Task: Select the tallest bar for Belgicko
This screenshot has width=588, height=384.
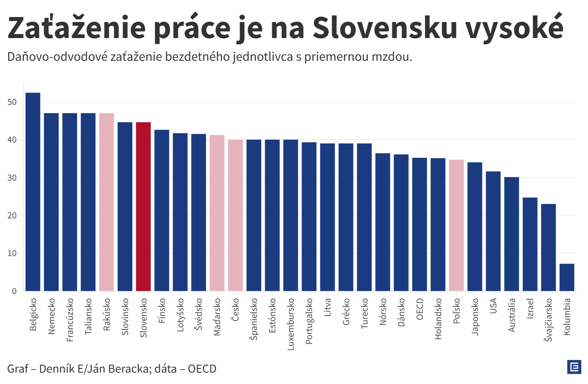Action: click(33, 192)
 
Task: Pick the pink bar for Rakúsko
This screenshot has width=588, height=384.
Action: click(106, 202)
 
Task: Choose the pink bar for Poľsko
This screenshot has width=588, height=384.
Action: click(456, 225)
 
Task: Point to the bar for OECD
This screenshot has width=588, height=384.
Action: click(419, 224)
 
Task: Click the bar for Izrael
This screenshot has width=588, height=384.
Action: click(530, 244)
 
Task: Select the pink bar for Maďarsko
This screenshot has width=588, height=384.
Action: click(217, 213)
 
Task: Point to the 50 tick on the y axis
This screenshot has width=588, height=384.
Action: click(12, 102)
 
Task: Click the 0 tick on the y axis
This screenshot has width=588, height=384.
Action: click(14, 291)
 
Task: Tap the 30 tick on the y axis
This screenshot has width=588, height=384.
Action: click(12, 178)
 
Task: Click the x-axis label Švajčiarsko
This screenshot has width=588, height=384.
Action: click(548, 320)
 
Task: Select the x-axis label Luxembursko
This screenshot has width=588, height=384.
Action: click(291, 324)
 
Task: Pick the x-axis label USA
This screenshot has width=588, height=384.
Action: click(493, 306)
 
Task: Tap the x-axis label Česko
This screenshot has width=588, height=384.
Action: click(235, 310)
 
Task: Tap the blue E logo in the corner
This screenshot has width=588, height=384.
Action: click(574, 367)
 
